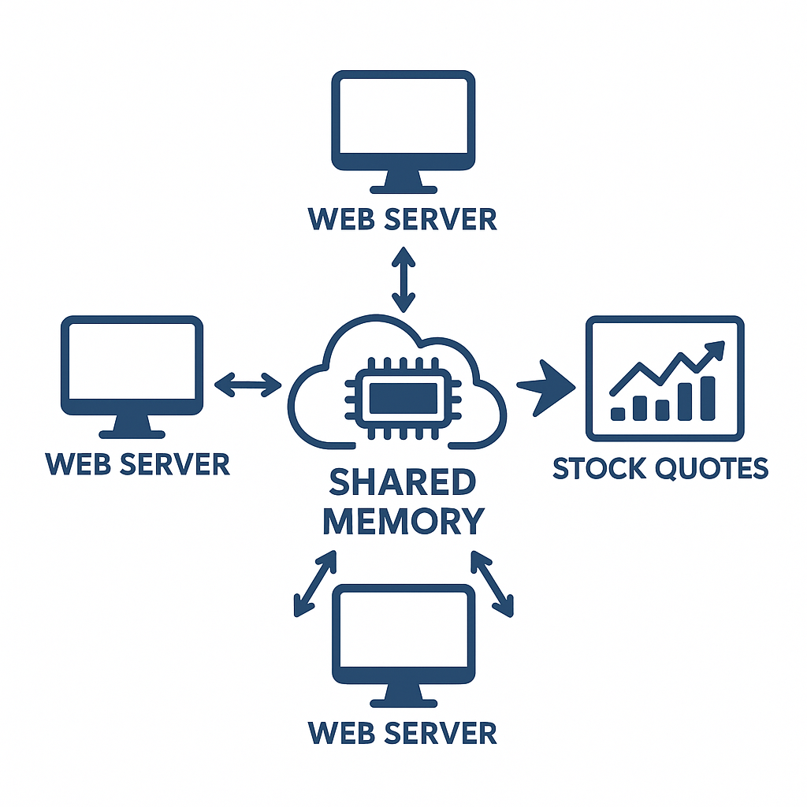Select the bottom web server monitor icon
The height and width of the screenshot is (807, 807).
(x=403, y=634)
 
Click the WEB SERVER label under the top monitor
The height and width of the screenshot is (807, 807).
(x=403, y=218)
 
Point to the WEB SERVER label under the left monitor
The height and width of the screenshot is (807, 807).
(x=138, y=463)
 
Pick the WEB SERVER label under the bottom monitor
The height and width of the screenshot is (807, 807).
(x=403, y=732)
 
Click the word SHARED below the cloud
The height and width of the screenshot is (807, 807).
(x=403, y=483)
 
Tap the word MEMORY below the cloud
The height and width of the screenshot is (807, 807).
(x=403, y=521)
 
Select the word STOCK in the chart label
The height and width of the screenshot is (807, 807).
(x=600, y=468)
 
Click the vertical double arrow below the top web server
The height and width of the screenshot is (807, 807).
(x=403, y=280)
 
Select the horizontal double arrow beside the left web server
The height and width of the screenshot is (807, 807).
(x=248, y=385)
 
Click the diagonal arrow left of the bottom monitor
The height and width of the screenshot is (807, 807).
(x=314, y=583)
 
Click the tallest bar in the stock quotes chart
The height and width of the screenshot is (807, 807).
(x=707, y=397)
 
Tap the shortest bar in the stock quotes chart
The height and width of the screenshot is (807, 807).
(x=619, y=413)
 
